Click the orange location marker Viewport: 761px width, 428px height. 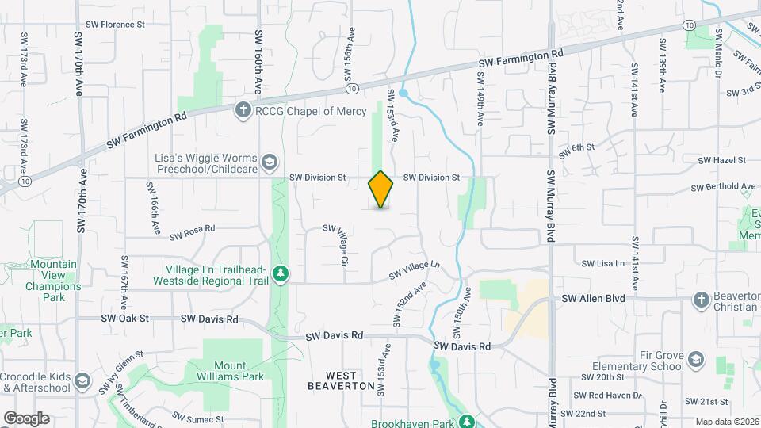tap(380, 189)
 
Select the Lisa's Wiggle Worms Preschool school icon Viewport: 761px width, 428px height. tap(270, 161)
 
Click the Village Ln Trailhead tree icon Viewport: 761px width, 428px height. tap(280, 274)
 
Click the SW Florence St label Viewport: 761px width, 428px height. tap(117, 25)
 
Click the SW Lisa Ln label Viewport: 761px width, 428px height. tap(604, 263)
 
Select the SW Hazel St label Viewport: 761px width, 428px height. tap(721, 160)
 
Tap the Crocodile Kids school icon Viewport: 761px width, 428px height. tap(81, 381)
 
